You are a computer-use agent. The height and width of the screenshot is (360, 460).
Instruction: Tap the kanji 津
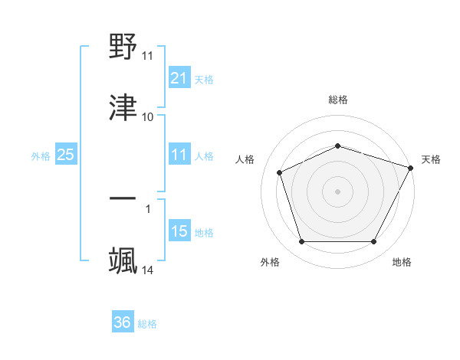(123, 106)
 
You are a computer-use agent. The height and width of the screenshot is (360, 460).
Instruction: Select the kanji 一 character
(123, 198)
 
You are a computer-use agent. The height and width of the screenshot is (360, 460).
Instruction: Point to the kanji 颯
(123, 260)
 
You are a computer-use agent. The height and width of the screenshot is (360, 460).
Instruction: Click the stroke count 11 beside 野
(147, 56)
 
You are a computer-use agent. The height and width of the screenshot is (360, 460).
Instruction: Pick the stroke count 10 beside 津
(147, 117)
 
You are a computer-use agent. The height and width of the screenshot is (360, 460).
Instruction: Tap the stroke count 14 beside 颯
(147, 270)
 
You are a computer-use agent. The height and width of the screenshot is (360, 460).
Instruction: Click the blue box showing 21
(179, 77)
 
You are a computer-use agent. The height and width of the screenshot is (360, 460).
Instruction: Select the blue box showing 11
(179, 155)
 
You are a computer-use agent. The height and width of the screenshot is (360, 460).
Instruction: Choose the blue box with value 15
(179, 231)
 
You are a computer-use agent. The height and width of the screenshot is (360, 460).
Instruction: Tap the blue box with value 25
(65, 155)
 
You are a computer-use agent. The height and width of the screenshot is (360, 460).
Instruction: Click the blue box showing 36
(122, 322)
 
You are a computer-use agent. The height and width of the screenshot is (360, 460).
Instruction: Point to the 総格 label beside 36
(147, 324)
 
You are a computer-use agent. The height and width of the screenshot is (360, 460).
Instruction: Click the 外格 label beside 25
(41, 155)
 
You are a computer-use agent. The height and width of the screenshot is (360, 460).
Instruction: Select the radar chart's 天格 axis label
(431, 159)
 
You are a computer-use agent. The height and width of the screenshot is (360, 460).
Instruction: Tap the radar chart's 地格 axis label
(402, 262)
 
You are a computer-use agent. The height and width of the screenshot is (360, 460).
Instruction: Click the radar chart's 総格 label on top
(338, 100)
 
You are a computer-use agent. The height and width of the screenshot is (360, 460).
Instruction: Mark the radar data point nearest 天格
(412, 168)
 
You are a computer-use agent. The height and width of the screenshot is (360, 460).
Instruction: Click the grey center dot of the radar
(338, 191)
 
